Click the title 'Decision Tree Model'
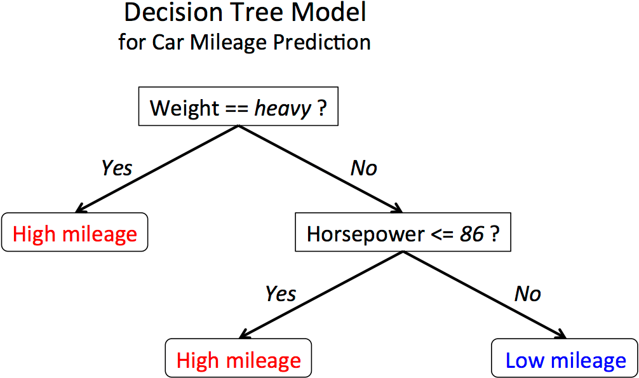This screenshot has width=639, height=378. pos(245,13)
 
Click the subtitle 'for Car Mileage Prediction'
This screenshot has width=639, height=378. pos(245,43)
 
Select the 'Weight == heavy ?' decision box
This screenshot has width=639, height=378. pos(238,108)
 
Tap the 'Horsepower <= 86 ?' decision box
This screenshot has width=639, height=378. pos(403,234)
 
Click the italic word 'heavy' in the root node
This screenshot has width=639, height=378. pos(283,109)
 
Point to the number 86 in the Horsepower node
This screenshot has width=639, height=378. pos(472,234)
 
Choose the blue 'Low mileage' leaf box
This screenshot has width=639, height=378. pos(565,360)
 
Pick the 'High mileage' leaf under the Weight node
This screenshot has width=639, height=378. pos(74,234)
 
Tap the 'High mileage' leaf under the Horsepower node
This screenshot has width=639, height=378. pos(238,360)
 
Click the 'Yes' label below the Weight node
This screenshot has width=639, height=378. pos(117,168)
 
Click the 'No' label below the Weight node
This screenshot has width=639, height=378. pos(363,168)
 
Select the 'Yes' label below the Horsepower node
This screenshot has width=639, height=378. pos(281,294)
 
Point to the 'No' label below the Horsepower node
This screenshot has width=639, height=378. pos(527,294)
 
